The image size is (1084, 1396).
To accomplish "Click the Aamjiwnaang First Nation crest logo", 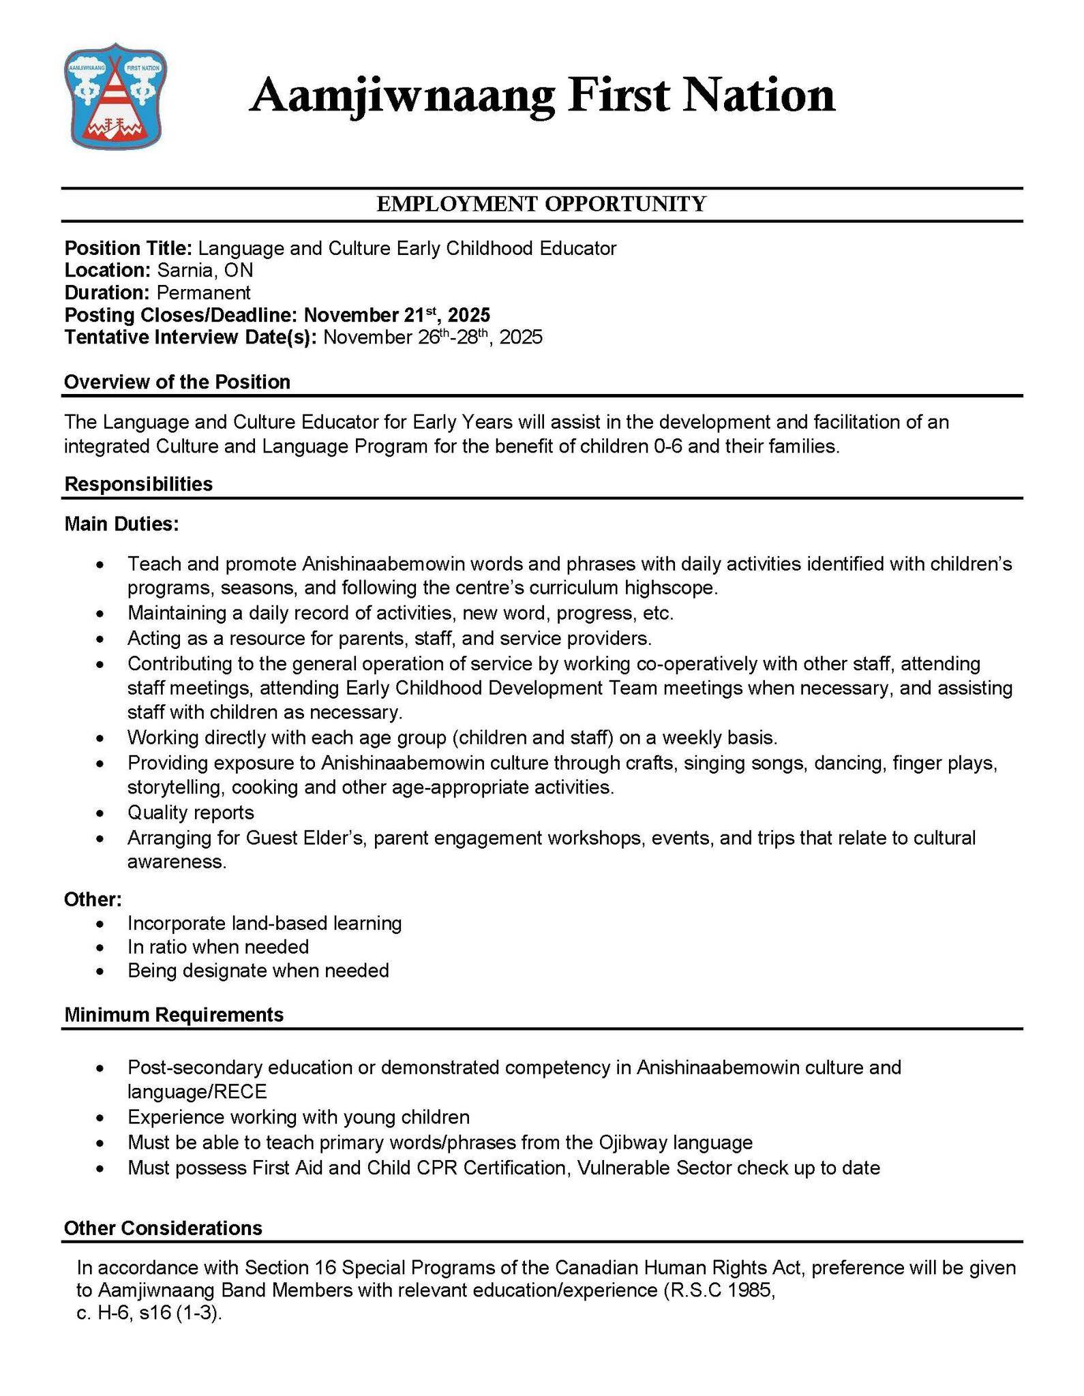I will click(116, 95).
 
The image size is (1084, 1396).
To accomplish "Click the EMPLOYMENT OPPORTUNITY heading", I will click(541, 204).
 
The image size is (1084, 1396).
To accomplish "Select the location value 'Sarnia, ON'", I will click(205, 271).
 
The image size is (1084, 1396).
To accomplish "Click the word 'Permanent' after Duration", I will click(203, 293).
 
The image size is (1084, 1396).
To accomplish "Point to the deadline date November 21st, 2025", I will click(396, 315).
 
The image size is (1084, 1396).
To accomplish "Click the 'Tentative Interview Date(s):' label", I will click(190, 337).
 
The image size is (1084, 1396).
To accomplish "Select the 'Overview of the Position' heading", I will click(177, 382).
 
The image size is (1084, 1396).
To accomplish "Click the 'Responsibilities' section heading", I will click(138, 484).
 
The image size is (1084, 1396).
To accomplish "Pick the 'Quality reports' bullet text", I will click(190, 813).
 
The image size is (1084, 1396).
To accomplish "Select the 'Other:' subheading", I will click(93, 900).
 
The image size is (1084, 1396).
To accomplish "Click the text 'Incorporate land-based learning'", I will click(264, 924).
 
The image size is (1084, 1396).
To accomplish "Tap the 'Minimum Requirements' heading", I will click(173, 1015).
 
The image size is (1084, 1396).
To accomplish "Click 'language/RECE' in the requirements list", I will click(196, 1092).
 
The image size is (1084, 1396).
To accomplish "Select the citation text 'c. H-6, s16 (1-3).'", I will click(150, 1313).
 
